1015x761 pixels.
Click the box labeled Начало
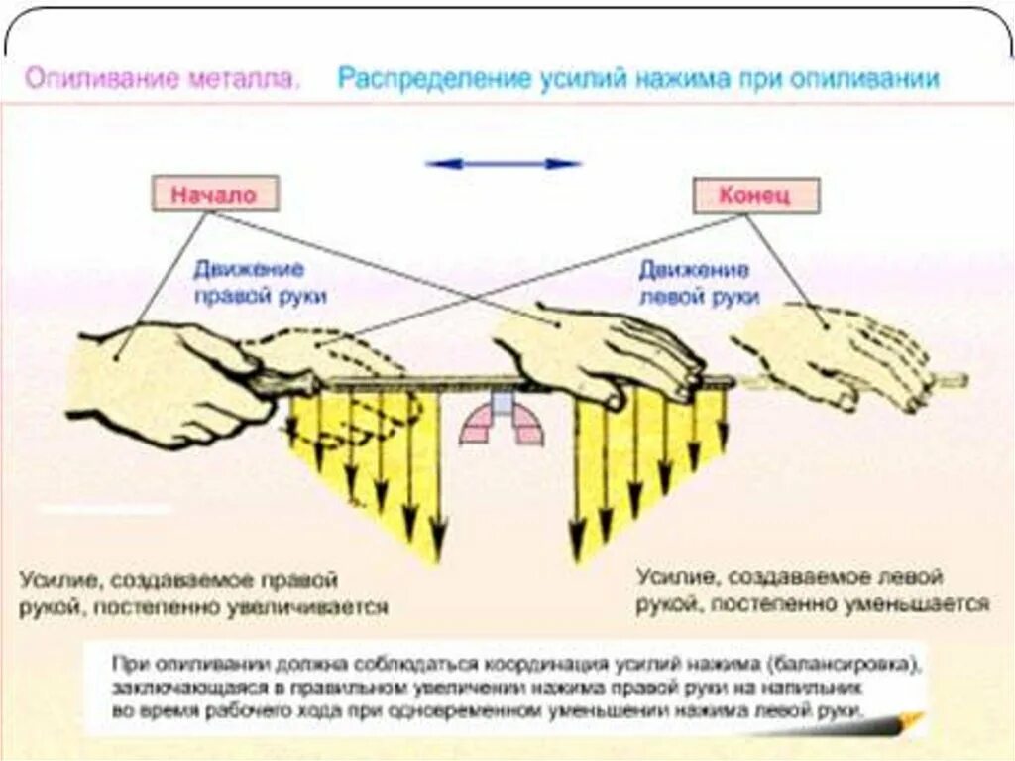[x=214, y=193]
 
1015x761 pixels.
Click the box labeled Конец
[x=755, y=195]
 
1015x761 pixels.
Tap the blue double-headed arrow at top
[x=503, y=163]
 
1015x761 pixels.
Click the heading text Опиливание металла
[x=161, y=79]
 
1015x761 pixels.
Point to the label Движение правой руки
[x=261, y=283]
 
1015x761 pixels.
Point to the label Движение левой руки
[x=699, y=283]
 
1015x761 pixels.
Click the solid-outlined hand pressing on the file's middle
[x=595, y=352]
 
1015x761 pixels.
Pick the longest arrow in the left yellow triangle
[x=437, y=476]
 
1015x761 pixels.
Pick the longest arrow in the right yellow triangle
[x=575, y=476]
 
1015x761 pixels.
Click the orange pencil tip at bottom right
[x=908, y=719]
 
